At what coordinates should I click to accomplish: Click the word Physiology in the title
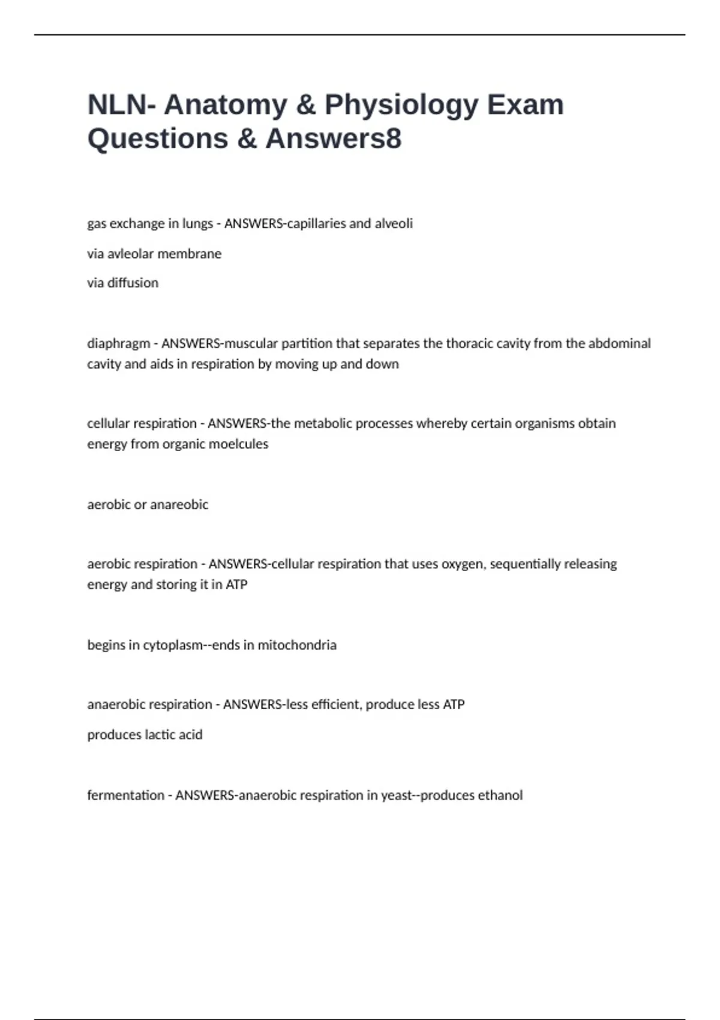[x=401, y=106]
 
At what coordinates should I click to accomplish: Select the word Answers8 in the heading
[x=334, y=139]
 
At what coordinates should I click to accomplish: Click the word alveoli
[x=394, y=224]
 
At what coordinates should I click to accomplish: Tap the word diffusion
[x=133, y=283]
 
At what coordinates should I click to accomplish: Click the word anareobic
[x=179, y=505]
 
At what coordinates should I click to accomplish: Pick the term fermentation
[x=125, y=796]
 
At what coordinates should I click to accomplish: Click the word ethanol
[x=500, y=796]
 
